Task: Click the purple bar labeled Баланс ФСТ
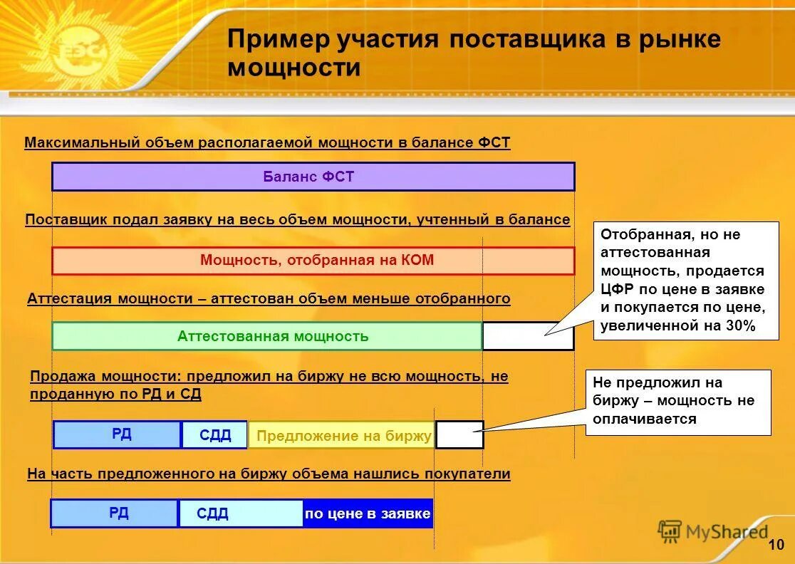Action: pyautogui.click(x=313, y=177)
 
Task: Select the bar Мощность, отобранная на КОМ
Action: pyautogui.click(x=313, y=261)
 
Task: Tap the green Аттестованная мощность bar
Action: pyautogui.click(x=267, y=336)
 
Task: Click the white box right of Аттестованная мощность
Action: pyautogui.click(x=528, y=336)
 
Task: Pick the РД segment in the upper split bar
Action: pyautogui.click(x=118, y=434)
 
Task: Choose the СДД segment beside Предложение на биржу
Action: pyautogui.click(x=214, y=435)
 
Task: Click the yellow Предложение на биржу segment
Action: pyautogui.click(x=342, y=435)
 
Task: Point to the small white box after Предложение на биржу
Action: pyautogui.click(x=459, y=435)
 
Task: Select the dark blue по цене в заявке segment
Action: pyautogui.click(x=368, y=513)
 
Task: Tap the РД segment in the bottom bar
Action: pyautogui.click(x=115, y=513)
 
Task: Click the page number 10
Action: pyautogui.click(x=776, y=545)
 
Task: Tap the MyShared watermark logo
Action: pyautogui.click(x=713, y=531)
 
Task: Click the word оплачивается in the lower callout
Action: pyautogui.click(x=644, y=419)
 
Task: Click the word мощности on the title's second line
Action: pyautogui.click(x=294, y=68)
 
